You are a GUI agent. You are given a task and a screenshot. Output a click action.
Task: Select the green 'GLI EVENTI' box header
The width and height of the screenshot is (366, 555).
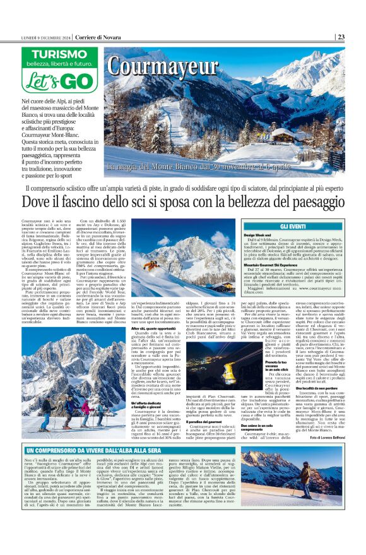(293, 225)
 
